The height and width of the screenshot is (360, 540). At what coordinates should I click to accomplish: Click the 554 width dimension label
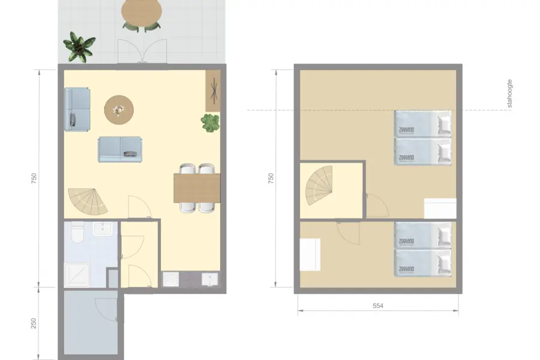pos(378,305)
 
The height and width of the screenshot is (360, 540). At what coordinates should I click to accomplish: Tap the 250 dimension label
pos(34,323)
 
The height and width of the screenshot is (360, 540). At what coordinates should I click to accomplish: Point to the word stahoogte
pos(509,94)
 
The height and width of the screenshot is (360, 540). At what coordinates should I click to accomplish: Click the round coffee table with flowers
pos(119,110)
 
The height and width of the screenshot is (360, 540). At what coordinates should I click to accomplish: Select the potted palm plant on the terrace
pos(79,47)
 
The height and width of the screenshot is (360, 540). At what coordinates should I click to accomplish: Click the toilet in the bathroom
pos(77,232)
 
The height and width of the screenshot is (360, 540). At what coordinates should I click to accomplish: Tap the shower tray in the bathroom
pos(77,275)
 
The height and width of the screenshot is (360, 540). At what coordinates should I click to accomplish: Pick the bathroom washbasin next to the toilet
pos(103,228)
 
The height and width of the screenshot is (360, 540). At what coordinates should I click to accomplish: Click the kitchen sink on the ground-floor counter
pos(210,280)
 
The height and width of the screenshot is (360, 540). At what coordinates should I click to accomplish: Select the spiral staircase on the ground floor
pos(87,202)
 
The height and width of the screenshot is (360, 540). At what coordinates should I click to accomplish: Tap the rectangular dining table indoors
pos(197,188)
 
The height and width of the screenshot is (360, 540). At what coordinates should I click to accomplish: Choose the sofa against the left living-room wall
pos(77,109)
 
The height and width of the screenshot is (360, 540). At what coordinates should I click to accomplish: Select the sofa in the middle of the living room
pos(120,149)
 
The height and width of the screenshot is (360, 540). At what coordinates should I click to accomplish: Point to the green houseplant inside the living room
pos(211,124)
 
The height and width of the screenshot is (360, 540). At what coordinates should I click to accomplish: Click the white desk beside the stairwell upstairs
pos(310,254)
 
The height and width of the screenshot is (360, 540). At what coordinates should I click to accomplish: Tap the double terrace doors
pos(142,51)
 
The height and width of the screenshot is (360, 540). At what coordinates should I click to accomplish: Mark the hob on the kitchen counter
pos(170,280)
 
